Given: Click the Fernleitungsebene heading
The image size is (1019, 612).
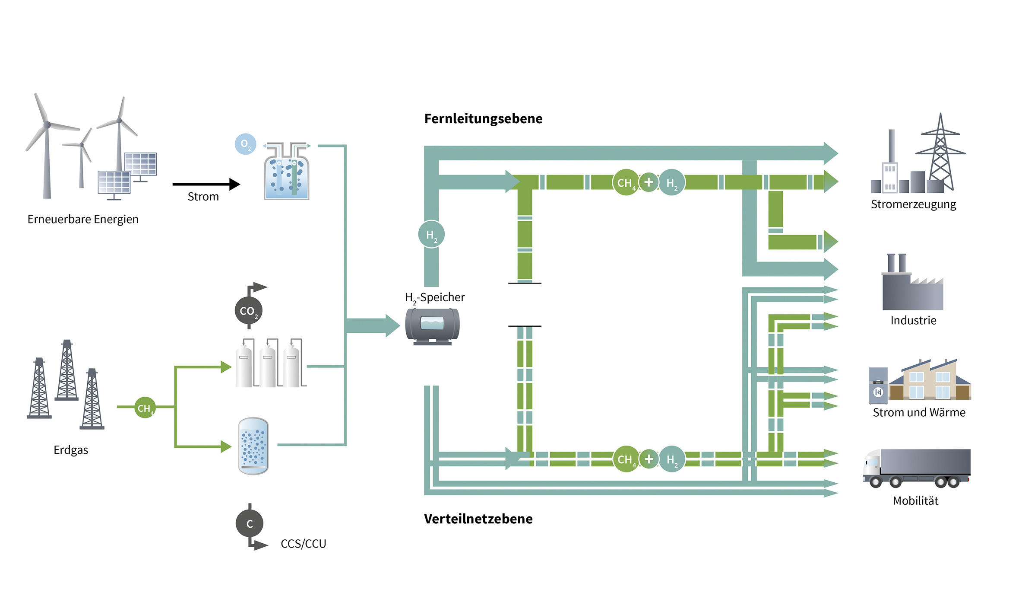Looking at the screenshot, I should pyautogui.click(x=483, y=118).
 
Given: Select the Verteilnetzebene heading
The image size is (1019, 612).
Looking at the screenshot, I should pyautogui.click(x=478, y=519).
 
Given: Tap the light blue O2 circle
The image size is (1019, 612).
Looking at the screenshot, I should pyautogui.click(x=245, y=144).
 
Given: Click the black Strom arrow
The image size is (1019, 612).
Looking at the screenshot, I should pyautogui.click(x=206, y=184).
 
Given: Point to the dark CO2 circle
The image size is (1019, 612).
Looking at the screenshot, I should pyautogui.click(x=248, y=310).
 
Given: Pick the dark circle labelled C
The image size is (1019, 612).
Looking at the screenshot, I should pyautogui.click(x=249, y=523).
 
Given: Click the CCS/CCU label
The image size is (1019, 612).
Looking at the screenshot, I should pyautogui.click(x=303, y=544).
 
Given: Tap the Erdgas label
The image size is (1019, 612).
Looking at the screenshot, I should pyautogui.click(x=71, y=450).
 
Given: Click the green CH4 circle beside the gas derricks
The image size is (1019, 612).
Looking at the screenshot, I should pyautogui.click(x=145, y=408).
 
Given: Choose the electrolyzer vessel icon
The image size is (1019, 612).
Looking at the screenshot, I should pyautogui.click(x=287, y=173).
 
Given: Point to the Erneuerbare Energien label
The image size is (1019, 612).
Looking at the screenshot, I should pyautogui.click(x=83, y=219).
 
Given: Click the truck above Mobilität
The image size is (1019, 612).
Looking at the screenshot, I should pyautogui.click(x=916, y=468).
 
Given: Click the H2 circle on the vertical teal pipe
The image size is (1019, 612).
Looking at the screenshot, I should pyautogui.click(x=431, y=234).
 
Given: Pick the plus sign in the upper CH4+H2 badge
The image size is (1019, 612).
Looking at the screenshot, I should pyautogui.click(x=649, y=182).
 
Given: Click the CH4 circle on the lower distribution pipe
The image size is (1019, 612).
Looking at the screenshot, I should pyautogui.click(x=626, y=459).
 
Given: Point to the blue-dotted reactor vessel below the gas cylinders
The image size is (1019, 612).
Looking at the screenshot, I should pyautogui.click(x=253, y=446).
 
